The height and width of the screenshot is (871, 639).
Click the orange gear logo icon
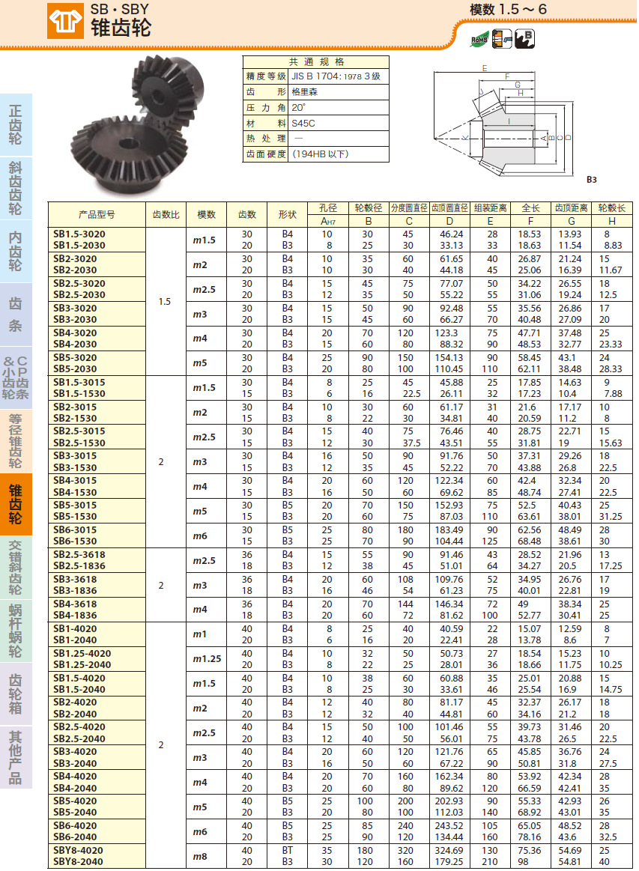click(x=65, y=21)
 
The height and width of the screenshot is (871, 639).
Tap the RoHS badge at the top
click(x=479, y=39)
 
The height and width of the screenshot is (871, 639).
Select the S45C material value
click(x=303, y=124)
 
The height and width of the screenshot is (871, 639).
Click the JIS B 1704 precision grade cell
click(x=336, y=76)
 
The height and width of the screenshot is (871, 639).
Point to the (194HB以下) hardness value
click(x=320, y=154)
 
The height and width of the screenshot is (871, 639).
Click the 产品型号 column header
click(x=97, y=214)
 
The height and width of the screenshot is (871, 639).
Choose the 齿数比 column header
click(x=166, y=214)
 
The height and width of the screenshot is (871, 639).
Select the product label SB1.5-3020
click(x=79, y=234)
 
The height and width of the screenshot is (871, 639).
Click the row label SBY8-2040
click(x=78, y=861)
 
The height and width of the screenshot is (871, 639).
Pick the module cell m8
click(x=200, y=856)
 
